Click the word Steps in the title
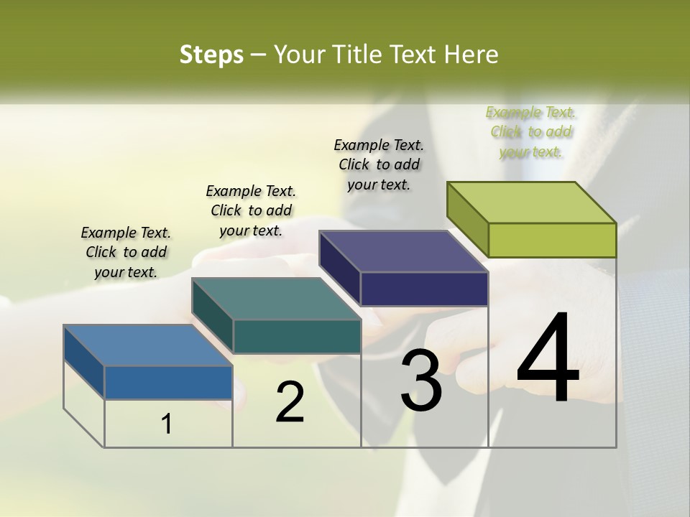click(211, 55)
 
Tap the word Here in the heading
click(471, 55)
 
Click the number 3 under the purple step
click(421, 381)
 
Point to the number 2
click(290, 402)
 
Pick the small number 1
click(167, 424)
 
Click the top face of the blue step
click(147, 345)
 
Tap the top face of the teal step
click(276, 299)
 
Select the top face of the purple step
click(404, 251)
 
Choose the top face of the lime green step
click(532, 202)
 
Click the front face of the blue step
click(168, 383)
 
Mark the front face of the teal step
click(297, 336)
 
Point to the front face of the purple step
click(424, 289)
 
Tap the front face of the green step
click(552, 240)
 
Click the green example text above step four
click(530, 132)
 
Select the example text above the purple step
click(379, 164)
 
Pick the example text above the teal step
click(251, 210)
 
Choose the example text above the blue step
click(126, 252)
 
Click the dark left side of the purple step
click(339, 268)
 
